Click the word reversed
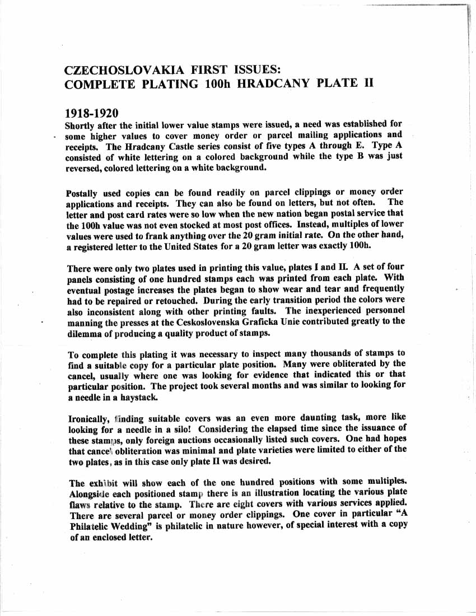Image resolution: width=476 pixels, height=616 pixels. [85, 167]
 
